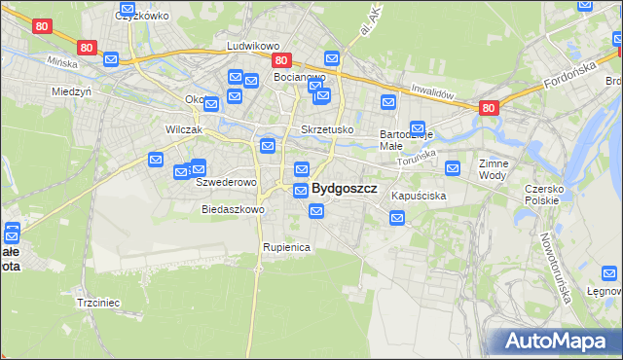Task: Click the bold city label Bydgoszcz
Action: coord(345,189)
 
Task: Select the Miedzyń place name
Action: coord(71,90)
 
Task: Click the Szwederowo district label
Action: coord(226,182)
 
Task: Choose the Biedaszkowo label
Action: coord(233,209)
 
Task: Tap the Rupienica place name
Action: coord(286,247)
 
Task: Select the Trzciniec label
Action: coord(98,303)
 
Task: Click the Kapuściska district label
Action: coord(419,196)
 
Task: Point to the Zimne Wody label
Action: coord(494,170)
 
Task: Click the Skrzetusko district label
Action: coord(327,129)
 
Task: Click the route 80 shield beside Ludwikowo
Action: coord(279,59)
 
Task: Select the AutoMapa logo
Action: coord(555,342)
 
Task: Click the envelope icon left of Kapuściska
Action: coord(397,219)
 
